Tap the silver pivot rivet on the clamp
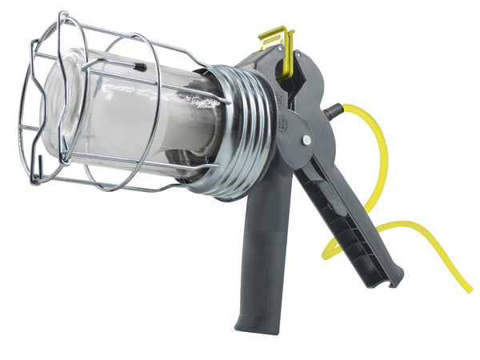click(x=307, y=140)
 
